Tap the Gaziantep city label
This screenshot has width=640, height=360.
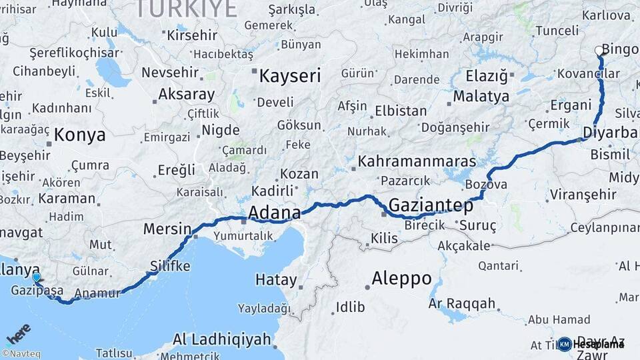tap(431, 205)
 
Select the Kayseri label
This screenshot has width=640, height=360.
tap(289, 75)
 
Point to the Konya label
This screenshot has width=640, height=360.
tap(79, 135)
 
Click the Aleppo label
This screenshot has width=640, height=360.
tap(401, 277)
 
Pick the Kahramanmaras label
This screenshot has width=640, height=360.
tap(417, 161)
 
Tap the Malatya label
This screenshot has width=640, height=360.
tap(481, 96)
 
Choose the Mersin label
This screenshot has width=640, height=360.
tap(167, 229)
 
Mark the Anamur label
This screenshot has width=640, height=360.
tap(98, 293)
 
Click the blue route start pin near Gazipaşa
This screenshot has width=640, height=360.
tap(36, 278)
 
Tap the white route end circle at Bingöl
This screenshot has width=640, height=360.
tap(599, 50)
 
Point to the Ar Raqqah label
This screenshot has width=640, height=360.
tap(462, 304)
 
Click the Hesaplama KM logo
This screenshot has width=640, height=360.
tap(591, 344)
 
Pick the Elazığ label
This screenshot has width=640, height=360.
tap(486, 75)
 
